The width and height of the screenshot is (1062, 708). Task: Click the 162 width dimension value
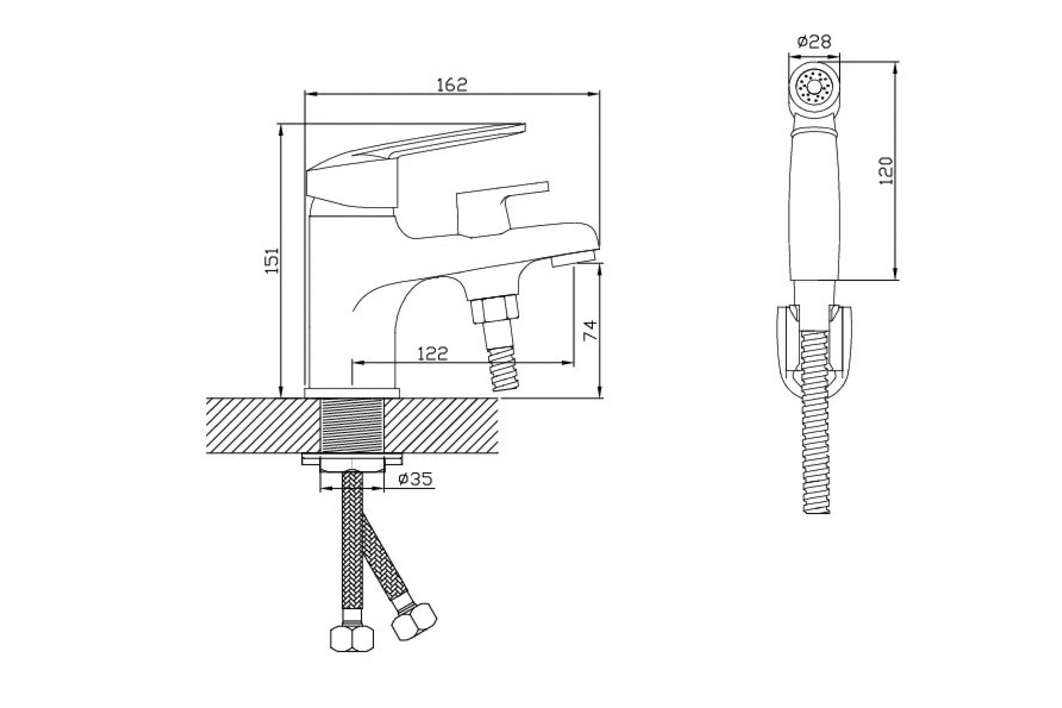(451, 85)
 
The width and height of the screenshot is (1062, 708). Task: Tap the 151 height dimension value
(272, 261)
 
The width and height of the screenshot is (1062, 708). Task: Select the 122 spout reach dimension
(432, 354)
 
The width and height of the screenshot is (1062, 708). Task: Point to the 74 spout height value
(590, 331)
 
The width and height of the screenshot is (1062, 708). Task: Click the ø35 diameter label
(416, 479)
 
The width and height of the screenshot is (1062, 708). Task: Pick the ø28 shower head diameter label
(814, 42)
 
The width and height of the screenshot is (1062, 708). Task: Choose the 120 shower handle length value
(886, 171)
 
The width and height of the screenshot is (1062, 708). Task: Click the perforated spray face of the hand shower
(814, 87)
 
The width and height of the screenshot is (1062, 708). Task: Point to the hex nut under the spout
(494, 309)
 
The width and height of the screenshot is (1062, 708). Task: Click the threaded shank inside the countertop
(352, 426)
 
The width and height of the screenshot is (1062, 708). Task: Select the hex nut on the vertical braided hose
(352, 638)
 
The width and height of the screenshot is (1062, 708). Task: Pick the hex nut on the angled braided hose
(414, 622)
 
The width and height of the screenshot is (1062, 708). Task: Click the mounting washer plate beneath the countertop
(352, 459)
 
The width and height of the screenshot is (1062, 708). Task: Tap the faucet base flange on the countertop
(352, 393)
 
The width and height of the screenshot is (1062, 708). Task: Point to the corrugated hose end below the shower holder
(816, 456)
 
